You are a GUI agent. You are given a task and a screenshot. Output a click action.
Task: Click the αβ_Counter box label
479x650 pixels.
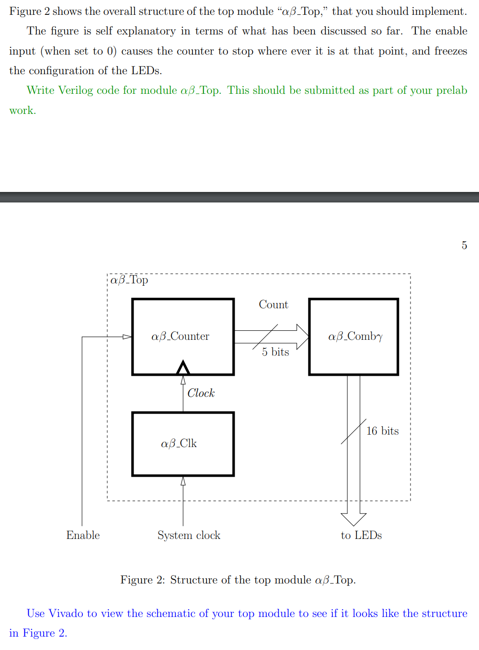(180, 336)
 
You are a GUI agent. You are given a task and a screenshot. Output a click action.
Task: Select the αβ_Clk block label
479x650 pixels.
(179, 444)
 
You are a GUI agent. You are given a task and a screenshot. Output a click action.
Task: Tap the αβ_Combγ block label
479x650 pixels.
(355, 336)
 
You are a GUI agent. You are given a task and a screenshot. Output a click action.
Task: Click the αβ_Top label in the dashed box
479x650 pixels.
(129, 280)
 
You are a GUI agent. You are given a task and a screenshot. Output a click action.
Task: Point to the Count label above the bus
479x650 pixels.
(274, 305)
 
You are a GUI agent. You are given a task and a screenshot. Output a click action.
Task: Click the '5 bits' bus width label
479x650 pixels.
(275, 352)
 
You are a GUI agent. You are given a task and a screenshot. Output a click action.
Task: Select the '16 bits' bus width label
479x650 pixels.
(382, 431)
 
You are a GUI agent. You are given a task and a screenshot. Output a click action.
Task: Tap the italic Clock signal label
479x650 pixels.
(201, 393)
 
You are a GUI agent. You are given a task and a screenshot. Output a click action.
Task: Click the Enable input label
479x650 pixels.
(83, 535)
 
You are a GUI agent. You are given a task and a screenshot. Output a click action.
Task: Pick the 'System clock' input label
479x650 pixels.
(189, 535)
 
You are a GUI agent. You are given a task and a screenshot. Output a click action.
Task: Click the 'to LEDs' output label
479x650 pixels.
(361, 535)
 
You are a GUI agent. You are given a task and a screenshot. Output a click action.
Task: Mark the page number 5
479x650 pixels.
(464, 246)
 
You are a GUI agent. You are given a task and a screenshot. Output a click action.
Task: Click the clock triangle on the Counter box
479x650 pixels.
(183, 368)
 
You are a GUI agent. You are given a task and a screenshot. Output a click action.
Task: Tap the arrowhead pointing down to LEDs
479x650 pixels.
(354, 519)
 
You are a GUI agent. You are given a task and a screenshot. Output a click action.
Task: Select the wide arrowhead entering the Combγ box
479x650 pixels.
(303, 337)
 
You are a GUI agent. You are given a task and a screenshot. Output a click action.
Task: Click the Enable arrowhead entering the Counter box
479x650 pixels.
(127, 337)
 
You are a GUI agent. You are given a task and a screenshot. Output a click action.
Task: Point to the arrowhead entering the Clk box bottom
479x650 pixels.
(183, 481)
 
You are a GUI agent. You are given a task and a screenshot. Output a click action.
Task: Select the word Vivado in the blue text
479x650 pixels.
(66, 614)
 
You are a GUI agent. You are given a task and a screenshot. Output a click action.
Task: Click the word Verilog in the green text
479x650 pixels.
(76, 90)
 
